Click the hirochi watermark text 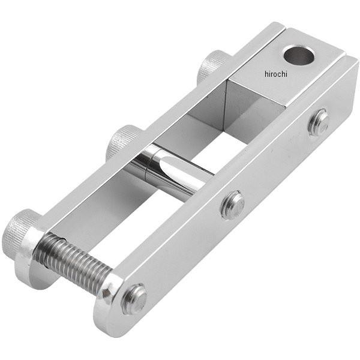(276, 74)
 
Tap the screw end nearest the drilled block (319, 124)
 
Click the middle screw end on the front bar (232, 205)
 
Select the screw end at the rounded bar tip (134, 299)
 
